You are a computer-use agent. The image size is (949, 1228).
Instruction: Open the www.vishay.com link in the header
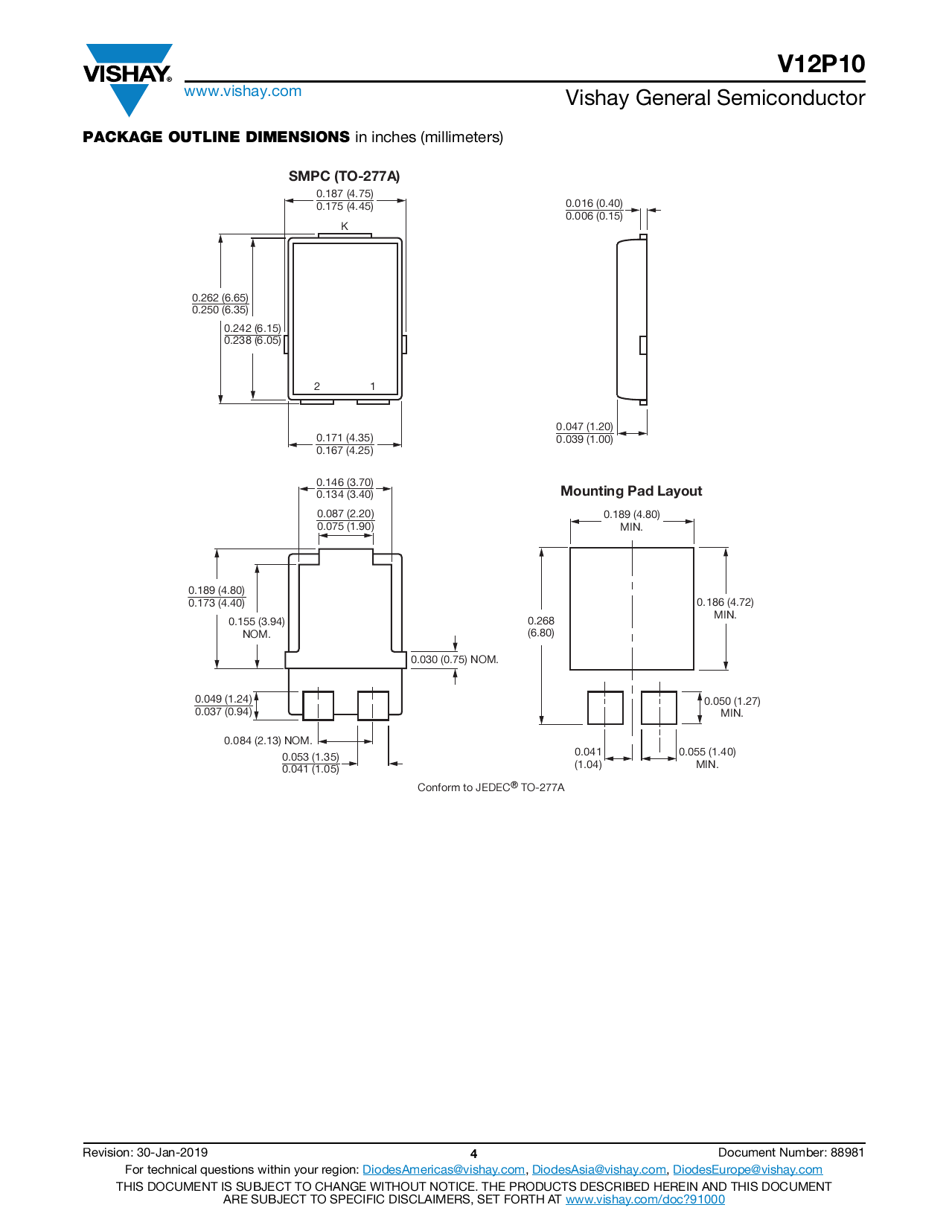click(243, 92)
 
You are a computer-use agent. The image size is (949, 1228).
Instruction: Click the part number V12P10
click(821, 64)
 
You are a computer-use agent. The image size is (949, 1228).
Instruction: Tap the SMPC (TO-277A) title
click(344, 176)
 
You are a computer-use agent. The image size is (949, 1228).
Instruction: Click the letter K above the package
click(345, 226)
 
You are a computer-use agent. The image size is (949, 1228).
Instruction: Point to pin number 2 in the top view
click(317, 386)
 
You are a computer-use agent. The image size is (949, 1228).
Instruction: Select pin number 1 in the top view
click(373, 386)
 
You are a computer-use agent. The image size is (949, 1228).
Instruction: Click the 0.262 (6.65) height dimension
click(220, 298)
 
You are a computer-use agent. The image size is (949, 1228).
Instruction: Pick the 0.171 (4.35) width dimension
click(345, 438)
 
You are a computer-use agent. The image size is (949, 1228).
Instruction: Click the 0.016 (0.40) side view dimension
click(594, 203)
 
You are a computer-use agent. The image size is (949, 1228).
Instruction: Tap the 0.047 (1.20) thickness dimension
click(584, 426)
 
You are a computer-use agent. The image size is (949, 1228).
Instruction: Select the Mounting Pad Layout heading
click(631, 491)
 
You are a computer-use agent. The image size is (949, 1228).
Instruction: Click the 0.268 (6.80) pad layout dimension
click(541, 627)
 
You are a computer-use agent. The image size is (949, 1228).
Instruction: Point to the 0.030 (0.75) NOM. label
click(454, 659)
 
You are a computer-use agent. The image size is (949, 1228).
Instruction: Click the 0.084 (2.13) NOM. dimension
click(268, 741)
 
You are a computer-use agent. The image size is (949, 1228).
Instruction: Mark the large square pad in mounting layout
click(631, 609)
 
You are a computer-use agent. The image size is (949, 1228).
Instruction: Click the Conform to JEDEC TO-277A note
click(491, 787)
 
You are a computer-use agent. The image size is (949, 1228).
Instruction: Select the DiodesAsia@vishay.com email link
click(598, 1170)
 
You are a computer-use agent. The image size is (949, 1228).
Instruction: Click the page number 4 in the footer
click(473, 1154)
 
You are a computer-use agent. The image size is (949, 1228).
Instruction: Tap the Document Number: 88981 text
click(791, 1153)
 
